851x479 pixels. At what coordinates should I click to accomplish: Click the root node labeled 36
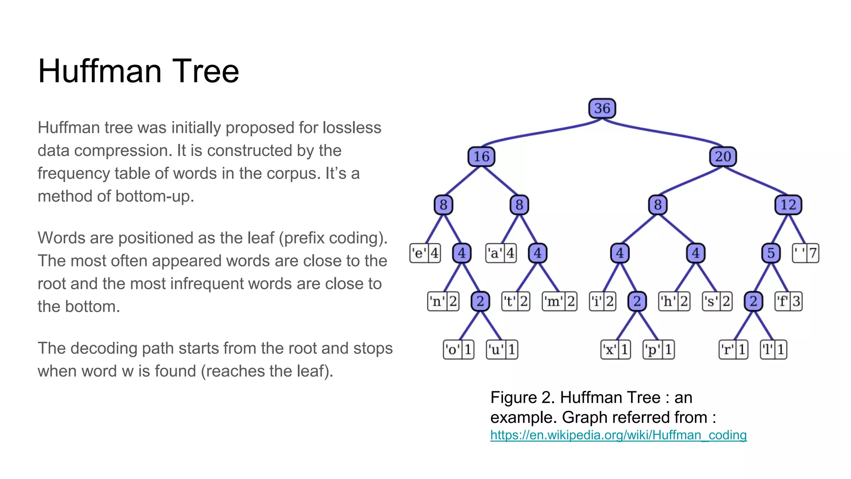point(602,109)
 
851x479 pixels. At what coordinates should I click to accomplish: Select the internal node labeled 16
point(481,157)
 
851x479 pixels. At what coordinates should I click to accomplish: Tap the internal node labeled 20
point(723,157)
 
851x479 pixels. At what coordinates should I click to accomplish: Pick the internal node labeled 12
point(788,205)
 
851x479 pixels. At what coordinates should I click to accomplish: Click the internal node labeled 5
point(771,253)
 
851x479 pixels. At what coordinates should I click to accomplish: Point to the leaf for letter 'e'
point(425,253)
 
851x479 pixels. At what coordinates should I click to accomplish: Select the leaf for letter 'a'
point(501,253)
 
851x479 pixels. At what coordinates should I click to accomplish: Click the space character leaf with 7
point(805,253)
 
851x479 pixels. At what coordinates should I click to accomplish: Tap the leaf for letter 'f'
point(788,301)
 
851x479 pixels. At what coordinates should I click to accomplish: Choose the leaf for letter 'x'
point(616,350)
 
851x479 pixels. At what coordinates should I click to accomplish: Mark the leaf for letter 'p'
point(659,350)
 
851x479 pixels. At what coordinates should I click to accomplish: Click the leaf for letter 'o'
point(459,350)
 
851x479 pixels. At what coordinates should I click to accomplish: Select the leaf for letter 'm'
point(560,301)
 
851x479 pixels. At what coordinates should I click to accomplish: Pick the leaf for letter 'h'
point(674,301)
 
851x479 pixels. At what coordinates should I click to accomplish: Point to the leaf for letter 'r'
point(734,350)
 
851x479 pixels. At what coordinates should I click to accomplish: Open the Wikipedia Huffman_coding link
point(618,435)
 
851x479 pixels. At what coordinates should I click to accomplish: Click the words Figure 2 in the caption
point(522,398)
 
